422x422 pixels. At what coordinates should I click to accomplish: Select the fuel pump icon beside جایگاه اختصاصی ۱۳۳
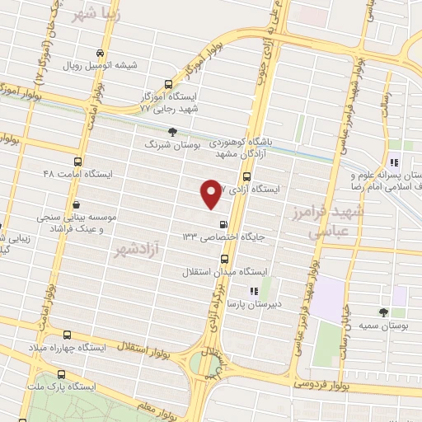(x=223, y=223)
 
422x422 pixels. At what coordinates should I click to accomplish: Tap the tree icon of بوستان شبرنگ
(x=172, y=132)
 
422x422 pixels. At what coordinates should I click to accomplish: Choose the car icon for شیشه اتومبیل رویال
(x=101, y=50)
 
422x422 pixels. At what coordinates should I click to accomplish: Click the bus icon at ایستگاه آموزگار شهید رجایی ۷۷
(x=169, y=84)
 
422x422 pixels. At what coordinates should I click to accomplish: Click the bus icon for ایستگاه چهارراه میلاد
(x=68, y=335)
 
